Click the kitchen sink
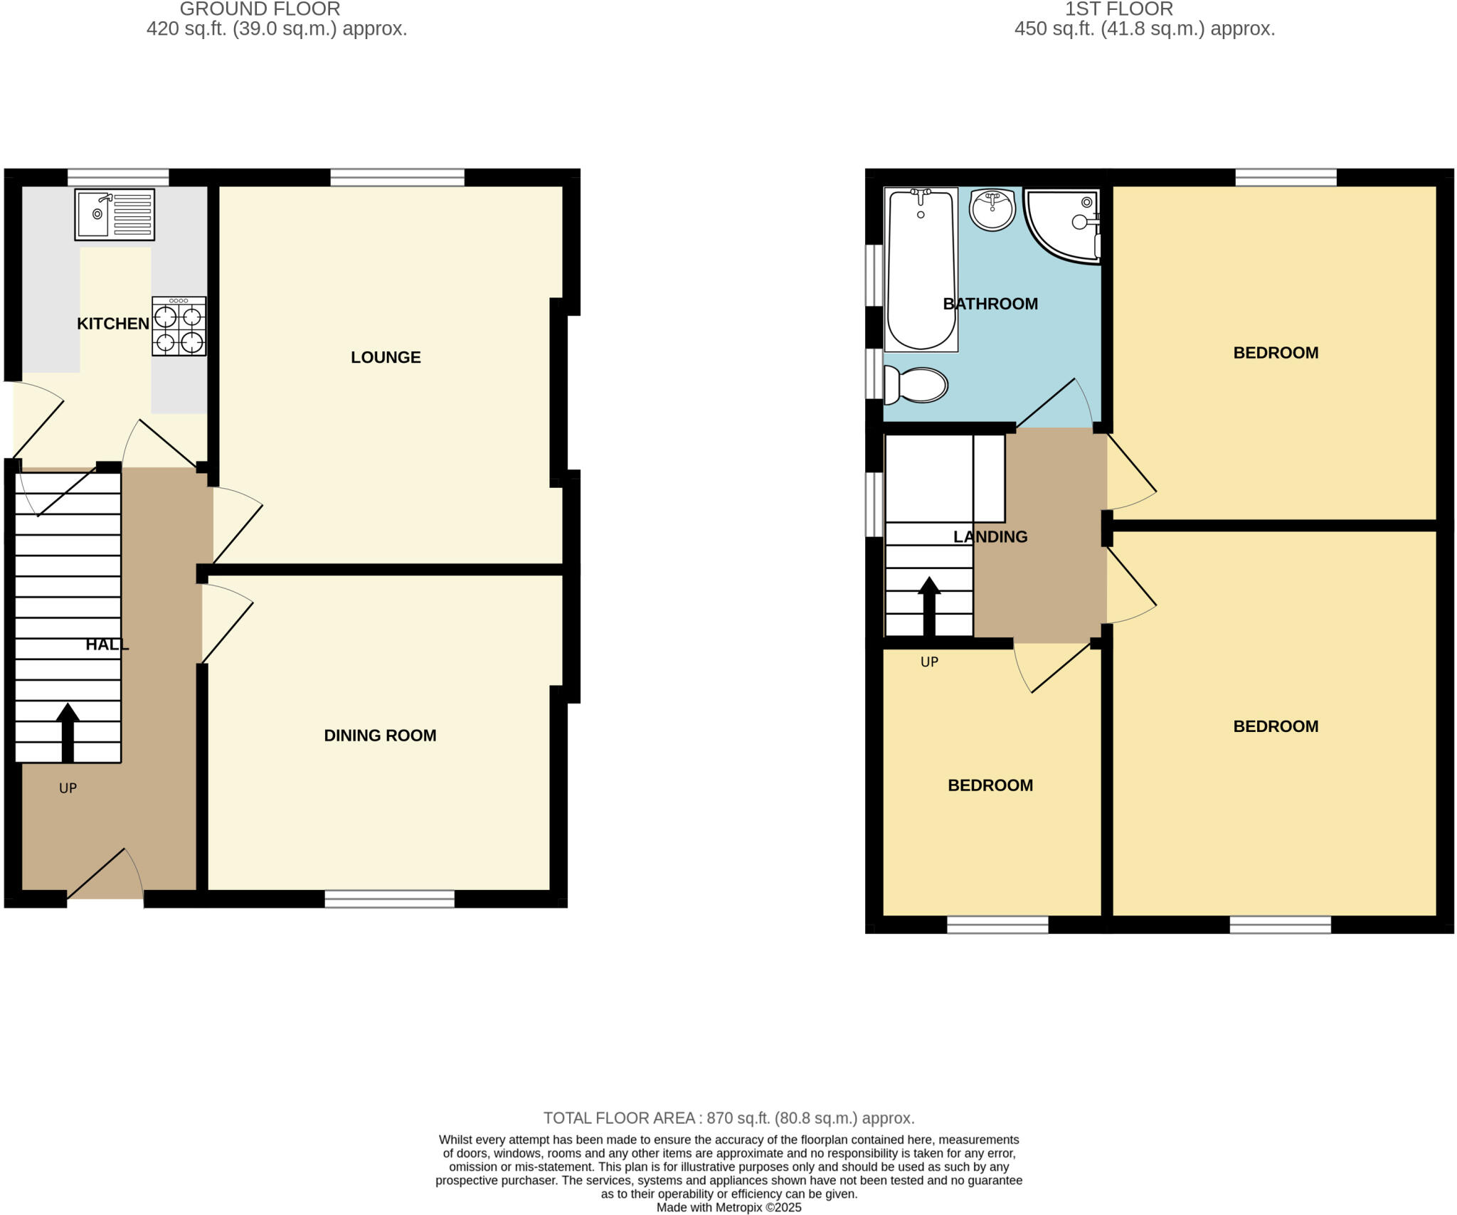click(x=114, y=214)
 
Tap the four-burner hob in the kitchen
click(x=179, y=327)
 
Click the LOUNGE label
click(x=386, y=357)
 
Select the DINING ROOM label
click(x=380, y=736)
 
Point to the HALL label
click(x=107, y=644)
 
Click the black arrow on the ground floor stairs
click(x=68, y=733)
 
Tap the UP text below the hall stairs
click(x=68, y=788)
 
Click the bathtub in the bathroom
click(x=921, y=269)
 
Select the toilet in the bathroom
click(x=918, y=385)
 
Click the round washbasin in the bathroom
click(x=992, y=209)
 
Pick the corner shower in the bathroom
click(x=1064, y=223)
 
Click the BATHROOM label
click(x=990, y=304)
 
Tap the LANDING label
click(x=990, y=537)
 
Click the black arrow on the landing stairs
click(x=929, y=606)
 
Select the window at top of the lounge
click(x=397, y=177)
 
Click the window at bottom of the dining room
click(x=389, y=899)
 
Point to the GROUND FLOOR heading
click(x=260, y=9)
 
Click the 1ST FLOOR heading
click(x=1118, y=9)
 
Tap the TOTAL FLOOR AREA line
click(x=728, y=1118)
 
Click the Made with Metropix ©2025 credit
click(x=728, y=1207)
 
